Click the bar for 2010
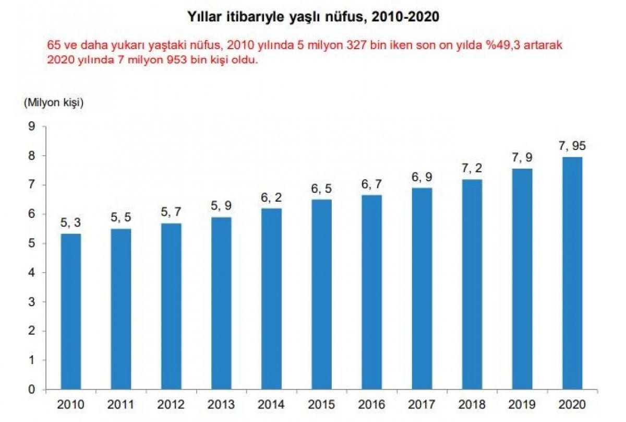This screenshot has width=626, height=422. [x=70, y=311]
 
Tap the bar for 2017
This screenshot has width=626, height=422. [x=422, y=288]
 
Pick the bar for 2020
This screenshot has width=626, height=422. [x=572, y=273]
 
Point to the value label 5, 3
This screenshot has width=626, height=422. [x=70, y=222]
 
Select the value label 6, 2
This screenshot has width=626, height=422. [x=271, y=197]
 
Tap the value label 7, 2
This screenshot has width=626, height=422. [x=472, y=168]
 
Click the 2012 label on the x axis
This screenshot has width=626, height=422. [x=171, y=404]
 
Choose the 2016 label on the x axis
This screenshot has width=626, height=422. [x=371, y=404]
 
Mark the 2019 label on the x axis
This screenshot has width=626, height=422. [x=522, y=404]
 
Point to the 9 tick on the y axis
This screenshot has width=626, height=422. [x=32, y=126]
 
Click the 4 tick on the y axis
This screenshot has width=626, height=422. [x=32, y=273]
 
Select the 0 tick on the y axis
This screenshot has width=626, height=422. [x=32, y=390]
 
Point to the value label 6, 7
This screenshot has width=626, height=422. [x=371, y=184]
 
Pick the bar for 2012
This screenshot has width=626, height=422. [x=171, y=306]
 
